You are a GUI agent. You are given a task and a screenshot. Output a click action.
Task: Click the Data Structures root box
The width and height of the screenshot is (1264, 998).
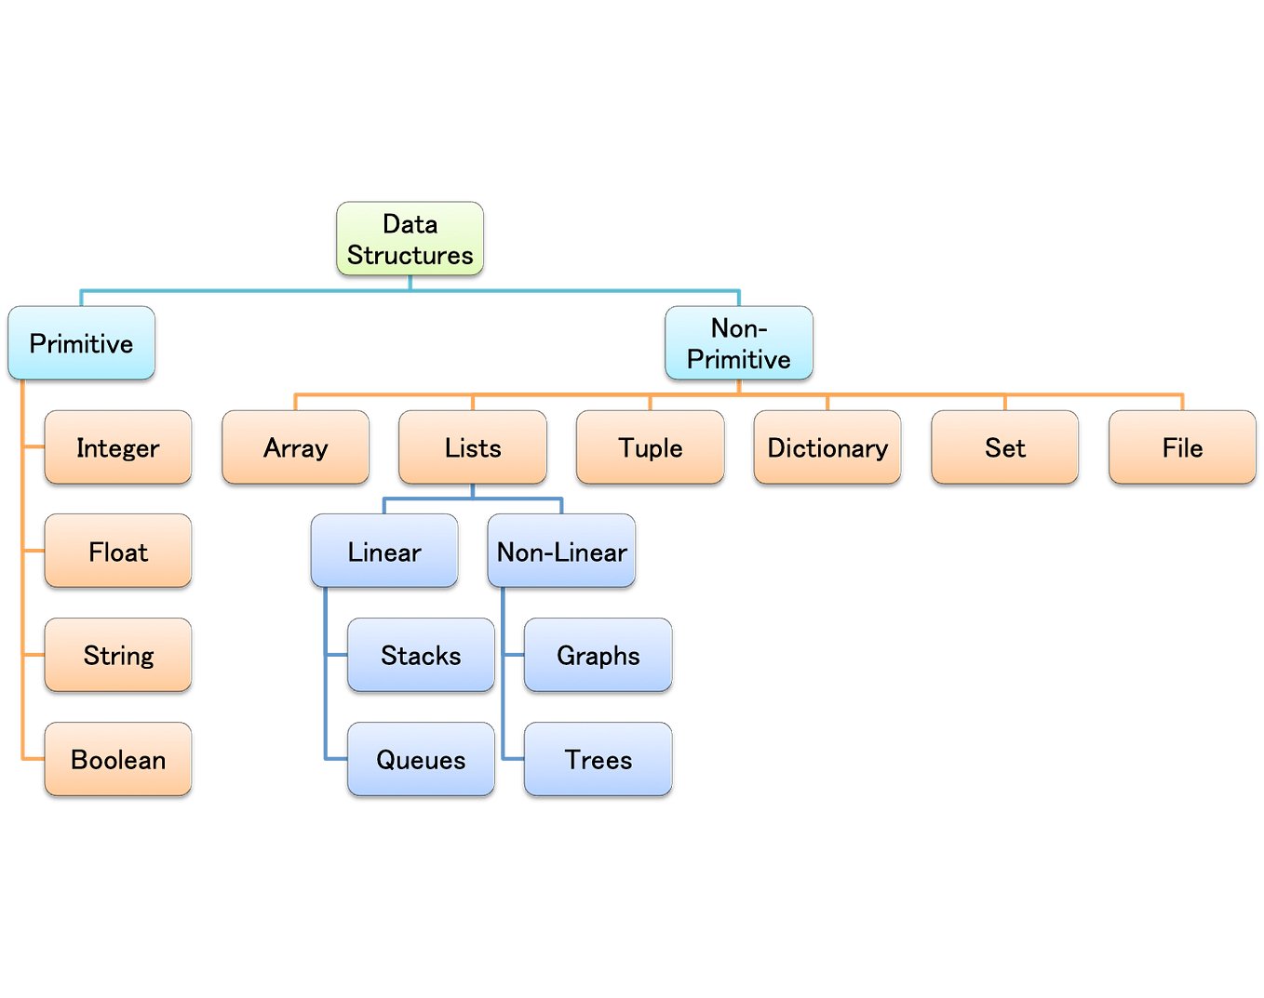coord(410,238)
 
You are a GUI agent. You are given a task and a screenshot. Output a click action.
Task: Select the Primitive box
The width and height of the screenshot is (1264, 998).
coord(82,343)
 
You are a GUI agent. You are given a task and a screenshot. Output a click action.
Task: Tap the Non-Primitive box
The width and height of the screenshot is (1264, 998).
coord(739,343)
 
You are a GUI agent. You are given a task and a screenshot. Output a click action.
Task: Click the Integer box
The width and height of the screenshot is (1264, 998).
coord(118,447)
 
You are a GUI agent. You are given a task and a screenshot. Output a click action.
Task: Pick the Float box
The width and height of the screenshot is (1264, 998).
coord(118,552)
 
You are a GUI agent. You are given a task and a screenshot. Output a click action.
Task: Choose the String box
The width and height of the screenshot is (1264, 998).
coord(118,655)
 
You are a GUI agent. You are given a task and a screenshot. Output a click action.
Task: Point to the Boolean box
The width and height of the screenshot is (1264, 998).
coord(118,759)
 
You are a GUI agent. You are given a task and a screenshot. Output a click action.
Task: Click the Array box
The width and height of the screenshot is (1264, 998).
coord(296,447)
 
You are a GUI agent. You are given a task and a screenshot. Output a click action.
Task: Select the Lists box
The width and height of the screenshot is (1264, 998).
coord(473,447)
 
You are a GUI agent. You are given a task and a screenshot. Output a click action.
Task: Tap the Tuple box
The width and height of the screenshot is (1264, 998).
coord(651,447)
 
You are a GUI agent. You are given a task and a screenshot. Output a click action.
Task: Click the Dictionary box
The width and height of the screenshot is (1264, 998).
coord(827,447)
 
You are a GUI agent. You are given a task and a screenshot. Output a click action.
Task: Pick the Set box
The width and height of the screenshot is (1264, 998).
coord(1005,447)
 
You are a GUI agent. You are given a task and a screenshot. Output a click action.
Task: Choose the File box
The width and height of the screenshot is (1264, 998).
coord(1182,447)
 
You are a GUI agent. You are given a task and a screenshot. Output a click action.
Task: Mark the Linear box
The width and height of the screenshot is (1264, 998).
coord(384,552)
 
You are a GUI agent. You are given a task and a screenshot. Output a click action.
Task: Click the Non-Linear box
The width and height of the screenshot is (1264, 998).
coord(562,552)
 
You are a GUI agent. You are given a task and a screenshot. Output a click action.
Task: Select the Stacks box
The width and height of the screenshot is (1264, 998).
coord(421,655)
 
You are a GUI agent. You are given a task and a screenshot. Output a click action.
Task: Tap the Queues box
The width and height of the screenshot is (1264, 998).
coord(421,759)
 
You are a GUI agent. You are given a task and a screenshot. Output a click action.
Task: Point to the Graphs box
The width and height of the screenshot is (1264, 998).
coord(598,655)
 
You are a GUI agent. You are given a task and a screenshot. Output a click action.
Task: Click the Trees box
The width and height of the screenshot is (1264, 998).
coord(598,759)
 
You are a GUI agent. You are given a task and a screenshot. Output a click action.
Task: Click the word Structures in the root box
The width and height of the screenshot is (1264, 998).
coord(410,255)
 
